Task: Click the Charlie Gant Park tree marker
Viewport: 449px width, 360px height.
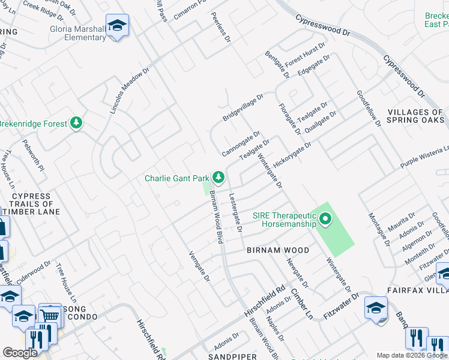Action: tap(219, 177)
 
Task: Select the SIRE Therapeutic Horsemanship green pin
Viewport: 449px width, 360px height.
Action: tap(325, 219)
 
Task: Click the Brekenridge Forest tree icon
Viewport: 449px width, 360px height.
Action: tap(76, 124)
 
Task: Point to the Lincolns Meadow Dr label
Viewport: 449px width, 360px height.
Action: tap(129, 91)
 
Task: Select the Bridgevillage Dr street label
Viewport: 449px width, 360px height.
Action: tap(243, 107)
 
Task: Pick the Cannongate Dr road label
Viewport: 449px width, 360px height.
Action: tap(240, 143)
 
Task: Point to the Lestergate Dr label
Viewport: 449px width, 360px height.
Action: tap(235, 212)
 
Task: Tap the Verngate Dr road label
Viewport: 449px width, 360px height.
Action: tap(199, 266)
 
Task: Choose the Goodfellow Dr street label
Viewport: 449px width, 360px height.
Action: tap(369, 109)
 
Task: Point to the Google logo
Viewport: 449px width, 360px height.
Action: tap(20, 353)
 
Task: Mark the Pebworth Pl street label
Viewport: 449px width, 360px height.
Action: tap(34, 156)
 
